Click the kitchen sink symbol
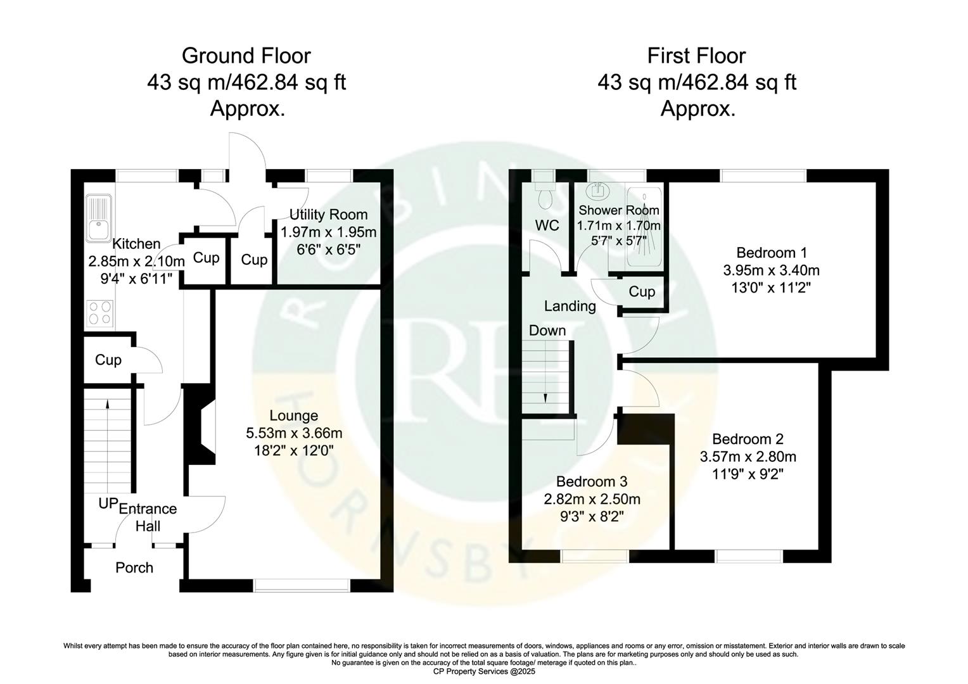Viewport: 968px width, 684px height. [100, 218]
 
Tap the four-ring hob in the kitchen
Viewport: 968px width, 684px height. [100, 313]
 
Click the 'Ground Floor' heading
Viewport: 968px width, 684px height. [246, 56]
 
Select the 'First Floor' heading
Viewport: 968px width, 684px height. [696, 56]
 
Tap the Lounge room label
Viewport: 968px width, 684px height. [293, 416]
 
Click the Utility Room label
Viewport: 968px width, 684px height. [328, 214]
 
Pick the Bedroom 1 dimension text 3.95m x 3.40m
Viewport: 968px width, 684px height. [771, 270]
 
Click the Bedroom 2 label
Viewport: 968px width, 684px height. [748, 439]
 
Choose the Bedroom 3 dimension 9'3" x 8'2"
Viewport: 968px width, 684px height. [592, 516]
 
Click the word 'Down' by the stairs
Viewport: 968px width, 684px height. [547, 331]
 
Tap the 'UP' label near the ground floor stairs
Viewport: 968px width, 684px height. [108, 503]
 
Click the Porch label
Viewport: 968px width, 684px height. [134, 567]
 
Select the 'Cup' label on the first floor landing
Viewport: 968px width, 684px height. [642, 291]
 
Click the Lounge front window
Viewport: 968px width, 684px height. [302, 586]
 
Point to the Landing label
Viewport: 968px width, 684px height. [570, 307]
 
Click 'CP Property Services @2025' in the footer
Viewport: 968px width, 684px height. [483, 671]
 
